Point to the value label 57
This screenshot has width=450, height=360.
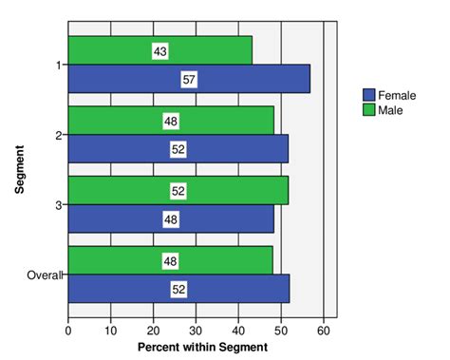point(189,80)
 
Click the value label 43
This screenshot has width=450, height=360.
point(159,50)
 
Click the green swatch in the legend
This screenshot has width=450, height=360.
point(369,110)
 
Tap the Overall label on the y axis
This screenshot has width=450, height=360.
point(43,275)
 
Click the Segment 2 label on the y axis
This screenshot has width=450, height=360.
point(59,135)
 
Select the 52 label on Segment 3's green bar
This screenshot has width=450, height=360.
point(178,191)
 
